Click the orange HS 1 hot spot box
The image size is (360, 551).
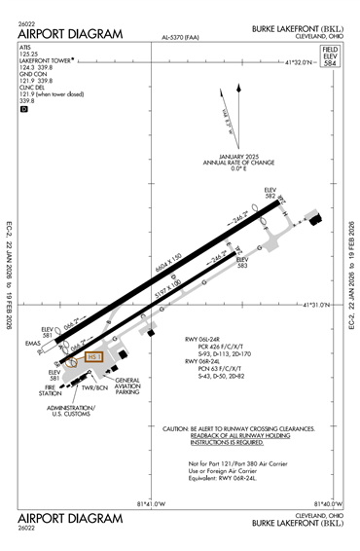click(94, 357)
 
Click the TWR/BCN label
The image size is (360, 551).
click(96, 388)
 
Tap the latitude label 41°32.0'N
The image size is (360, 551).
click(297, 62)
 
